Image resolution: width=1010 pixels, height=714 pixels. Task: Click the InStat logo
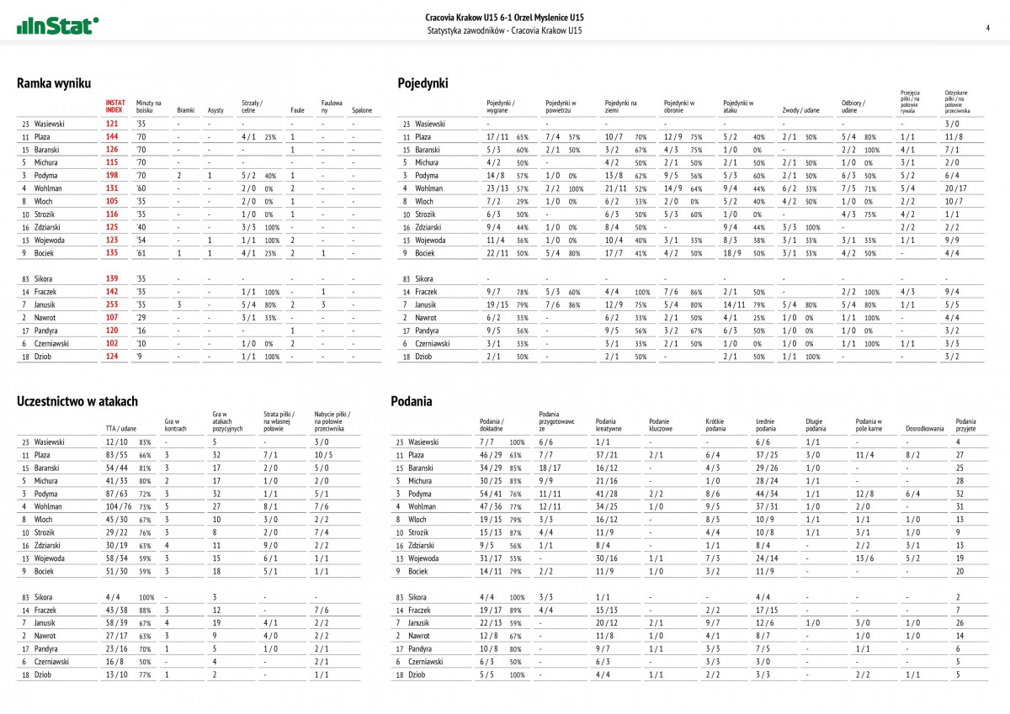57,25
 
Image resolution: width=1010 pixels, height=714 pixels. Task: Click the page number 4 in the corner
986,28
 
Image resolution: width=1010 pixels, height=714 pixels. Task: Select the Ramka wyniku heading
54,83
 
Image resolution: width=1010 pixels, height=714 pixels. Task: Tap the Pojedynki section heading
423,83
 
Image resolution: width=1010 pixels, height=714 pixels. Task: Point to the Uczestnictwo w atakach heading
77,401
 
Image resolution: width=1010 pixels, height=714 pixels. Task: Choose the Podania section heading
412,401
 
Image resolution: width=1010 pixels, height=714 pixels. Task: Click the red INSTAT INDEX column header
114,106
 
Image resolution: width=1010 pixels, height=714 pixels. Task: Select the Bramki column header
185,110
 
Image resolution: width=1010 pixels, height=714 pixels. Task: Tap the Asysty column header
215,110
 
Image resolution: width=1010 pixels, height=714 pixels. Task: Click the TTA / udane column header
121,428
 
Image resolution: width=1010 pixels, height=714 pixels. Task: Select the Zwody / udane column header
800,110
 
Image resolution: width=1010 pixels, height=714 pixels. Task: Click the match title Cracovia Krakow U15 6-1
505,17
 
